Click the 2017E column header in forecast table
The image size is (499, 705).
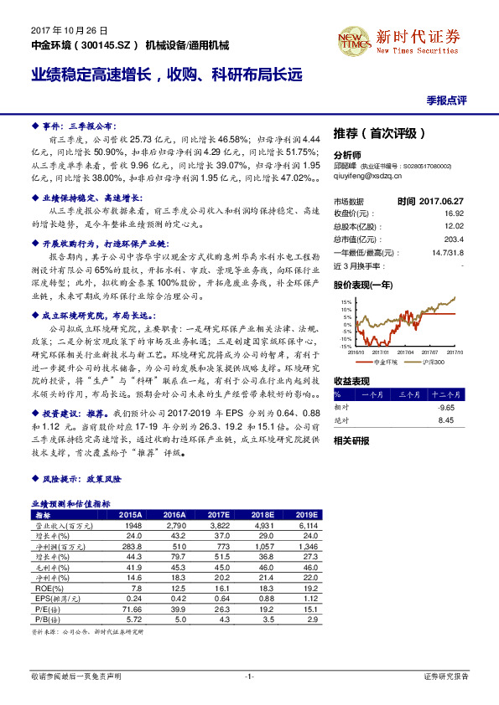click(217, 515)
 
